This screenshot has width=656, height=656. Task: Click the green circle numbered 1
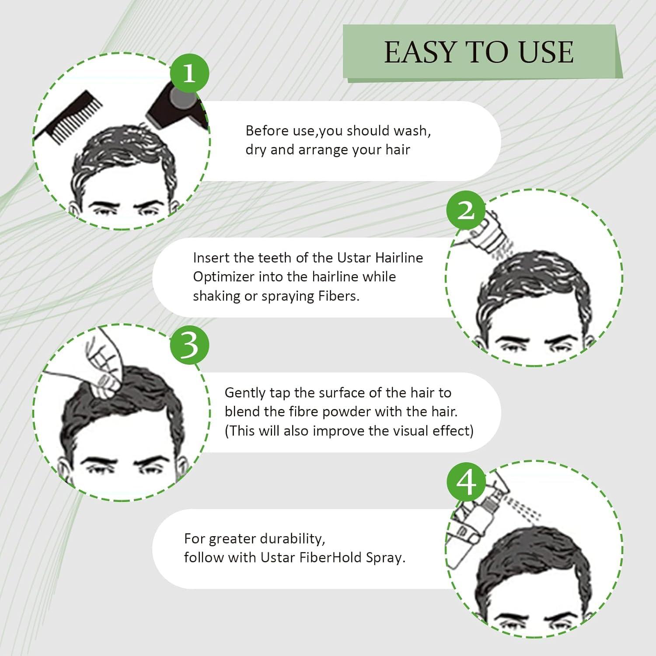click(x=189, y=73)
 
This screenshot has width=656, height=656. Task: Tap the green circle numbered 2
click(x=466, y=210)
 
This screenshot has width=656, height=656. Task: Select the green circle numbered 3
click(x=189, y=345)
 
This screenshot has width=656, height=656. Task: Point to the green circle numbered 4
click(x=466, y=484)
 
